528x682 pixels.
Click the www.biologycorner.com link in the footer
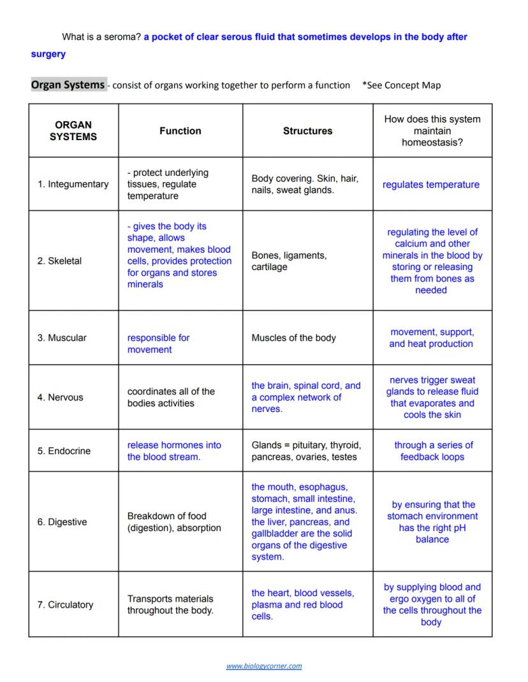(264, 666)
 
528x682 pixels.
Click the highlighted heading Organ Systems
(68, 85)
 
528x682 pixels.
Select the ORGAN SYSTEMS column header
(73, 131)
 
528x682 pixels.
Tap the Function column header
(180, 131)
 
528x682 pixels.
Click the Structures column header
(307, 131)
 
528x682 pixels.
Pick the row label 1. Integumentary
(73, 184)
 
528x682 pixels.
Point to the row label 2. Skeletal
(59, 261)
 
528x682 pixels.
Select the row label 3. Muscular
(62, 337)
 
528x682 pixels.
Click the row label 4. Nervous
(60, 397)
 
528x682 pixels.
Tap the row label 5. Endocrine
(64, 451)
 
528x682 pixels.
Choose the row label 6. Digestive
(62, 522)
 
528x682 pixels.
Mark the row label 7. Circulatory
(65, 604)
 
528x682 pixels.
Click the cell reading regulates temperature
(431, 185)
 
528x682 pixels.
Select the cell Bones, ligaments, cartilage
(289, 261)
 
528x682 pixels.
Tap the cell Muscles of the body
(293, 337)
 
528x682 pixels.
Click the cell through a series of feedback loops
(433, 451)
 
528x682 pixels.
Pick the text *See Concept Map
(401, 85)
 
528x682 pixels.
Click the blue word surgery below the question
(48, 54)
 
